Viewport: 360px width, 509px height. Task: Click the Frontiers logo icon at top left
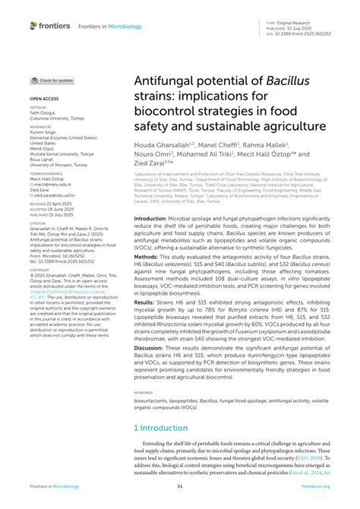(x=34, y=25)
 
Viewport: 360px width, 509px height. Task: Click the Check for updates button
(x=52, y=80)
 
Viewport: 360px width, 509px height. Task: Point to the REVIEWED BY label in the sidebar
(x=42, y=127)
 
